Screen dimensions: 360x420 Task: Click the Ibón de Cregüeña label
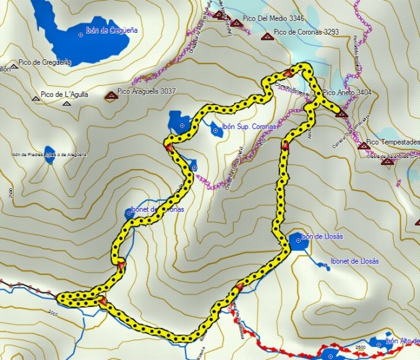pyautogui.click(x=112, y=30)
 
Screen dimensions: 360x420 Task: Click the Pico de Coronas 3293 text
pyautogui.click(x=306, y=31)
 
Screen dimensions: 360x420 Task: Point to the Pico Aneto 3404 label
pyautogui.click(x=348, y=92)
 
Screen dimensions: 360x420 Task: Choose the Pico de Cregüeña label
pyautogui.click(x=46, y=62)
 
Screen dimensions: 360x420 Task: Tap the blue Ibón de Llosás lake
pyautogui.click(x=297, y=241)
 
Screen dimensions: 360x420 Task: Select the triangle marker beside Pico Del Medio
pyautogui.click(x=236, y=23)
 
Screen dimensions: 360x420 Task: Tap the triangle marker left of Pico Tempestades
pyautogui.click(x=363, y=145)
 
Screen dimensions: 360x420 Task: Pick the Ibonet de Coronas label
pyautogui.click(x=157, y=209)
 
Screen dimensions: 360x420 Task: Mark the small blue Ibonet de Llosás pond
pyautogui.click(x=325, y=266)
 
